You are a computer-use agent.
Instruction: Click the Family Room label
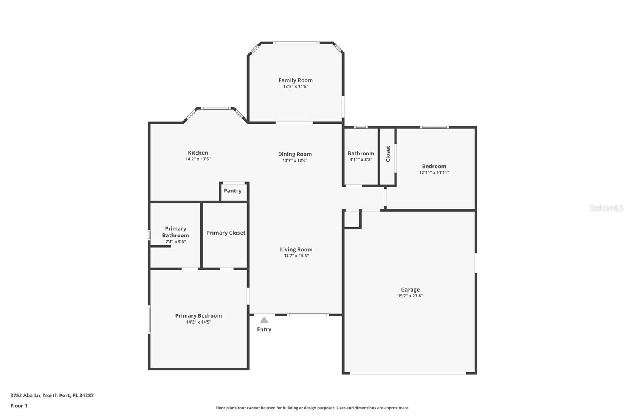(x=295, y=80)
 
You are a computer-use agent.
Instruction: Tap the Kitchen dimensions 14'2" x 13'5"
(x=198, y=159)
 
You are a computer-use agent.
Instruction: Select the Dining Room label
(x=295, y=154)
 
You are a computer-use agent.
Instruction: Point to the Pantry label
(x=233, y=191)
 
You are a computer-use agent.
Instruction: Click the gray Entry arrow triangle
(x=264, y=320)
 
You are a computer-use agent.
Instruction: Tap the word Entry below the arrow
(x=264, y=329)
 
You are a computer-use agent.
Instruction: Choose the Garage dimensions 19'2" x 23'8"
(x=410, y=296)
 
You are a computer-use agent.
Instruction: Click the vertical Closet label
(x=388, y=154)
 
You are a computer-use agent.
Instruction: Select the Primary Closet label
(x=226, y=233)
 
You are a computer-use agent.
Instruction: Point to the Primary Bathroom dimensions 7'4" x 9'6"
(x=175, y=242)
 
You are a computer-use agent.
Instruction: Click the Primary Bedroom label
(x=199, y=316)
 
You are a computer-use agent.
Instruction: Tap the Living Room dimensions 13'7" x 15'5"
(x=296, y=256)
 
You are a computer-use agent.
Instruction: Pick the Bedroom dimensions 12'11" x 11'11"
(x=434, y=172)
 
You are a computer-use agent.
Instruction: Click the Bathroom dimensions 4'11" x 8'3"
(x=361, y=160)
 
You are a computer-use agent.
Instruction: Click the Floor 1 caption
(x=19, y=406)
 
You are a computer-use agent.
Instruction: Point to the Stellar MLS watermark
(x=607, y=208)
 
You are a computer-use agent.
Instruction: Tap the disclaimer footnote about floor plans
(x=312, y=408)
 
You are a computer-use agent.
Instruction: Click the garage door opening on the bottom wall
(x=408, y=373)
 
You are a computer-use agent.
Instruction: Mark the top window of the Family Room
(x=296, y=43)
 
